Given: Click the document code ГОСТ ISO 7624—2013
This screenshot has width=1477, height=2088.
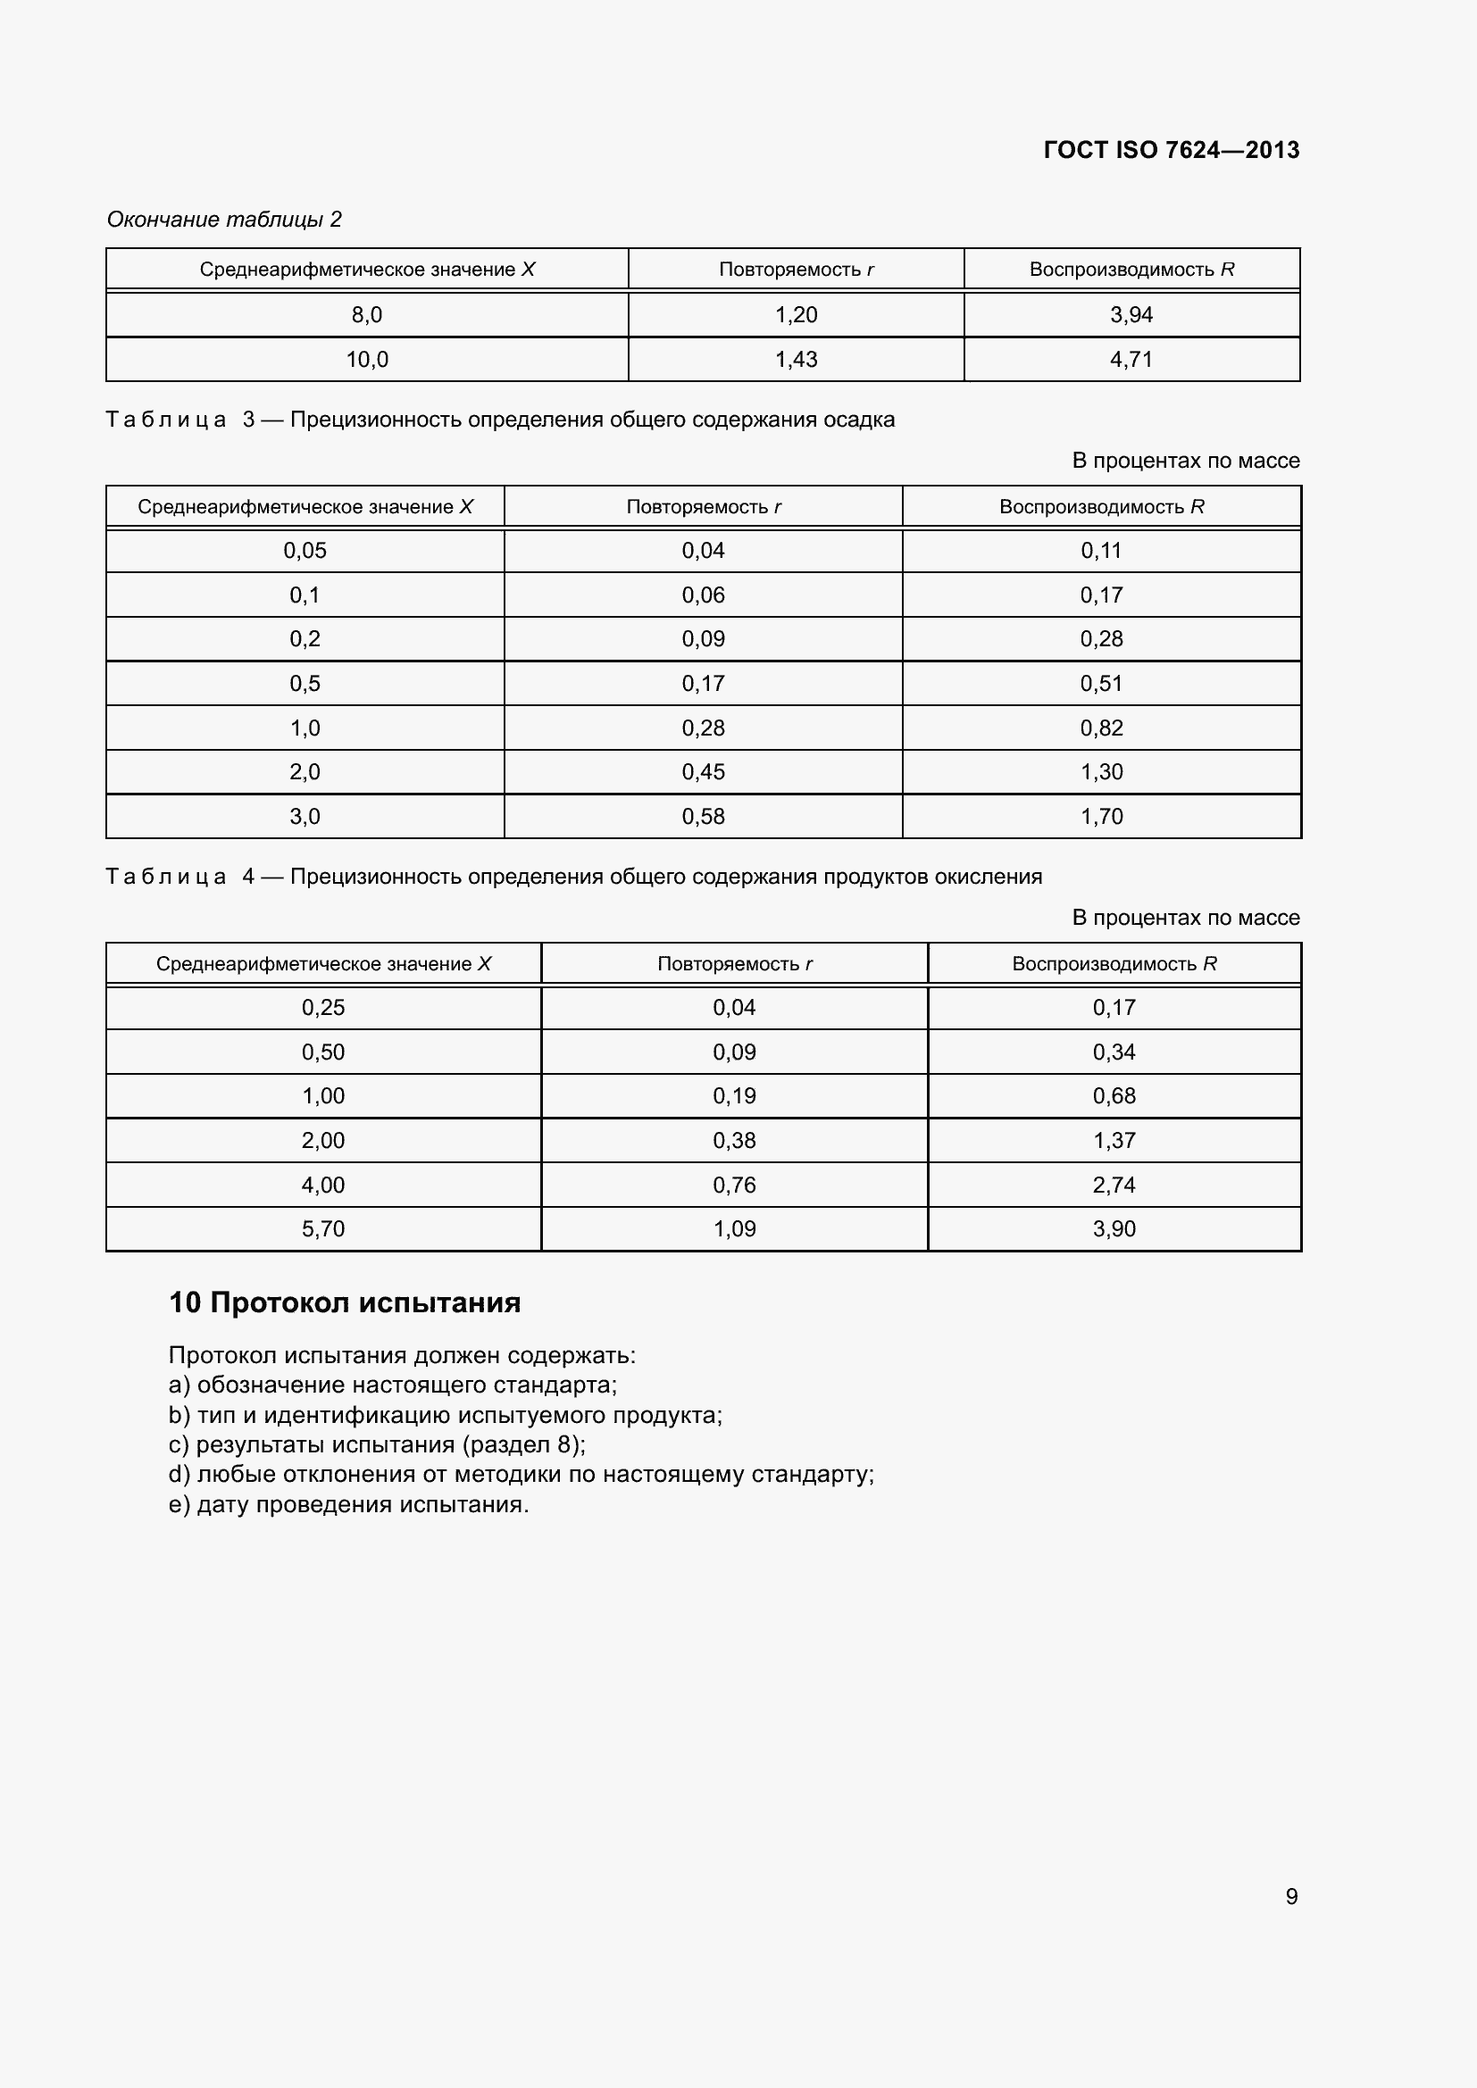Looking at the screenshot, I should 1171,150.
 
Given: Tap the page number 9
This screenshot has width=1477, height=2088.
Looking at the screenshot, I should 1291,1896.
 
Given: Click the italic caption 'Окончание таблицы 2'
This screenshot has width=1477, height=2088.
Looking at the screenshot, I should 224,220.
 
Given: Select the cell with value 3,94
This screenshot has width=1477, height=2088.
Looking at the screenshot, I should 1131,314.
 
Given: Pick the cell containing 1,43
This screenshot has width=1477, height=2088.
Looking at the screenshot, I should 796,359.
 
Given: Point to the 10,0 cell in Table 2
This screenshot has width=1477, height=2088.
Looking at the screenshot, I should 366,359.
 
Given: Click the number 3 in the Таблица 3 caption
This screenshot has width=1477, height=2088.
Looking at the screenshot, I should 248,420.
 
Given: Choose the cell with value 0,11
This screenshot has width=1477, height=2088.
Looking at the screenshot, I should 1101,550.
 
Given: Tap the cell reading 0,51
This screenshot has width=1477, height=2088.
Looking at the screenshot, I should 1101,683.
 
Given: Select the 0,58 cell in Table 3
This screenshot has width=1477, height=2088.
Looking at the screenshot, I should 703,816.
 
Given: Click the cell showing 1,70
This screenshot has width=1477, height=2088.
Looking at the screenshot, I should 1101,816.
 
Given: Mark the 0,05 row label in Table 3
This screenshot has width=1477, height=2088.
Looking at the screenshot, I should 305,550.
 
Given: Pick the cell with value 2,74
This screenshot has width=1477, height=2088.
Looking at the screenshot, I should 1114,1184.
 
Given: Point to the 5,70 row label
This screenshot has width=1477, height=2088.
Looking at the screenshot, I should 323,1228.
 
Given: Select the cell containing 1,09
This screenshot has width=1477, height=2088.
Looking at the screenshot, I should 734,1228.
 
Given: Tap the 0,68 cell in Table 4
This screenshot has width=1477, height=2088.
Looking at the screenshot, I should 1114,1096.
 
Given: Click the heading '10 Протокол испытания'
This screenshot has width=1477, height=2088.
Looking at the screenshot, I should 345,1302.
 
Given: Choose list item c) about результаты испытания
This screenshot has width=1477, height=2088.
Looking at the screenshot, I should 378,1444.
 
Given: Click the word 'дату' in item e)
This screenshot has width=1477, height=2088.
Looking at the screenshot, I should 223,1504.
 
